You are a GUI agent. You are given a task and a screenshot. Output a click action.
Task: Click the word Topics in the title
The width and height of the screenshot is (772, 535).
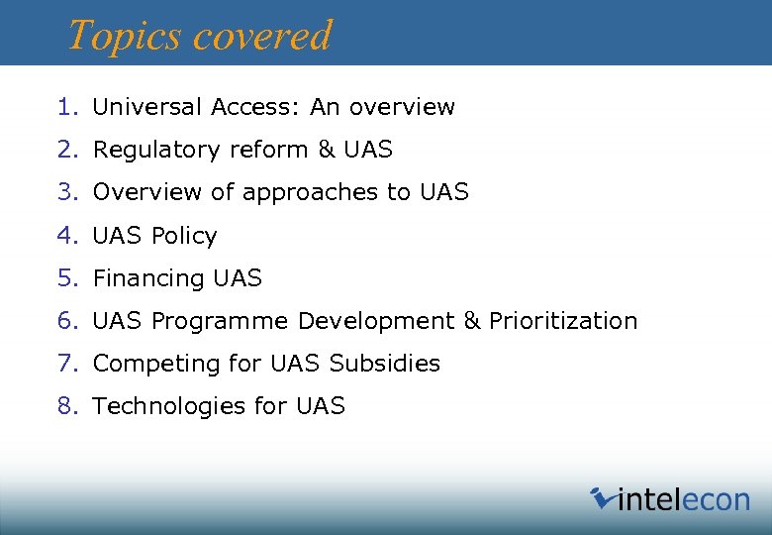(x=124, y=36)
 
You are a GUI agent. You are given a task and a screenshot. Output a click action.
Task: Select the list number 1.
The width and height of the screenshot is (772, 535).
(x=66, y=107)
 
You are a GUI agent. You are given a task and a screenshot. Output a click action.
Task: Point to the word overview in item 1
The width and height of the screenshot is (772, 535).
(x=401, y=107)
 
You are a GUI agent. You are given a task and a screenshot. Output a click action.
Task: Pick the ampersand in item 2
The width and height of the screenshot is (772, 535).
(x=327, y=150)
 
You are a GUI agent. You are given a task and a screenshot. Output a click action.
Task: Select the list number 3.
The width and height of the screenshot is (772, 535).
(x=66, y=192)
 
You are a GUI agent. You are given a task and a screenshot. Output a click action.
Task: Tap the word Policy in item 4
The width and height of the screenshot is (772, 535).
(x=184, y=236)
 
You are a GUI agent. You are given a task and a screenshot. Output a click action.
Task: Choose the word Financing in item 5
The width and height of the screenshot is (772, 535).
(x=148, y=278)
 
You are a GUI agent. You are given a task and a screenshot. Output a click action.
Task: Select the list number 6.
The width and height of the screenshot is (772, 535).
(x=66, y=321)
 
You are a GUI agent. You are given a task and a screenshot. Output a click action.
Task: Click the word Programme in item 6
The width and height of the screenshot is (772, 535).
(x=220, y=321)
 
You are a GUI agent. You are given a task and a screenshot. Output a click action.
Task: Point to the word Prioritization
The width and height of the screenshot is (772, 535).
(x=563, y=321)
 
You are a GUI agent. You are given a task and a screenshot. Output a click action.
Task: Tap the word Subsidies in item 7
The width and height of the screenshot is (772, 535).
(x=385, y=364)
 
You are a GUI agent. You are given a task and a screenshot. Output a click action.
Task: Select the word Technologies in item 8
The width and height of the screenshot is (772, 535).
(x=162, y=406)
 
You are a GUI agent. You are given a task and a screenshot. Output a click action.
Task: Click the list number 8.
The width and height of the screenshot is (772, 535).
(x=66, y=406)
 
